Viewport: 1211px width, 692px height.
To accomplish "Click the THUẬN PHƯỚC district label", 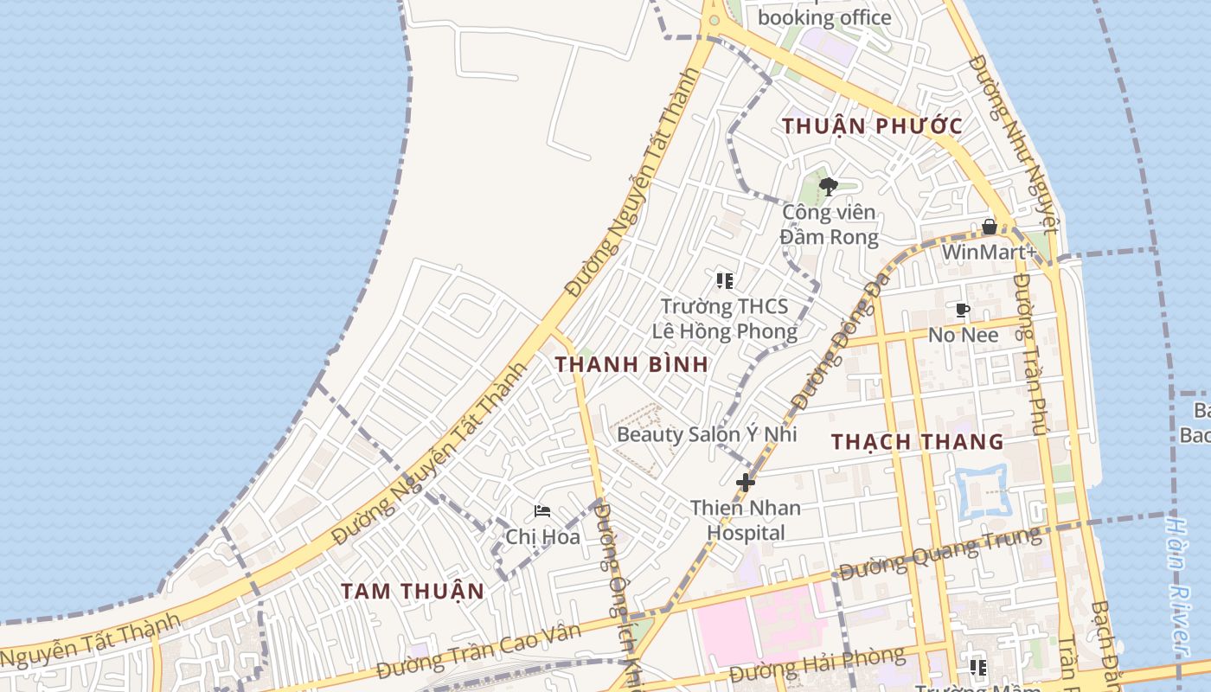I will [x=872, y=126].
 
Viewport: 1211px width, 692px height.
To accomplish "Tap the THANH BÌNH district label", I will [x=632, y=364].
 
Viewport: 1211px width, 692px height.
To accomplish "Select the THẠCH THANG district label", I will [x=917, y=442].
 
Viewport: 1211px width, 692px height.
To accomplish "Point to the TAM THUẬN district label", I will [x=412, y=592].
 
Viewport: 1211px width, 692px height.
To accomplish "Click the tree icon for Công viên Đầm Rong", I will [x=828, y=186].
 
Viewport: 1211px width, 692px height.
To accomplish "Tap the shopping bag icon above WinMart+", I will [x=990, y=227].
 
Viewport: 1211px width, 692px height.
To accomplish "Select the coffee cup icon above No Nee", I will [x=963, y=310].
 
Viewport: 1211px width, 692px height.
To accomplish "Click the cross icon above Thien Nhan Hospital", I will [x=745, y=483].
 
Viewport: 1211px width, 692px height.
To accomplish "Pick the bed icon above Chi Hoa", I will [x=542, y=511].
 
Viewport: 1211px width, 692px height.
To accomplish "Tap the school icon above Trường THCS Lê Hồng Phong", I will [x=725, y=280].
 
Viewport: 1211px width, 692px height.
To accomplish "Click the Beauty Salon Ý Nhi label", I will [x=706, y=434].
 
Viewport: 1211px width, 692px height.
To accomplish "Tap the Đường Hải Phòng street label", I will [x=817, y=663].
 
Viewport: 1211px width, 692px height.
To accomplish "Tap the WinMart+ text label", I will [x=989, y=253].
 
